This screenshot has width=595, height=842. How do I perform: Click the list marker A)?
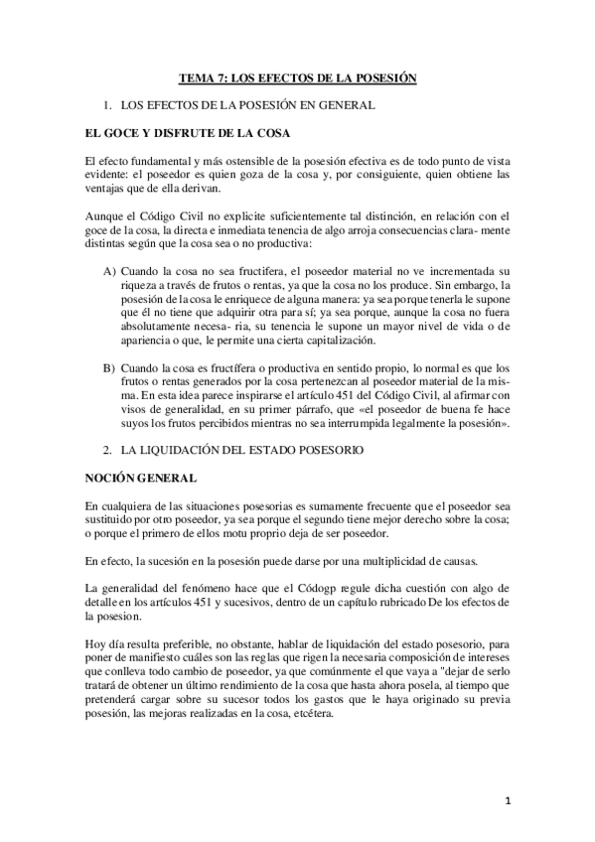click(x=110, y=271)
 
